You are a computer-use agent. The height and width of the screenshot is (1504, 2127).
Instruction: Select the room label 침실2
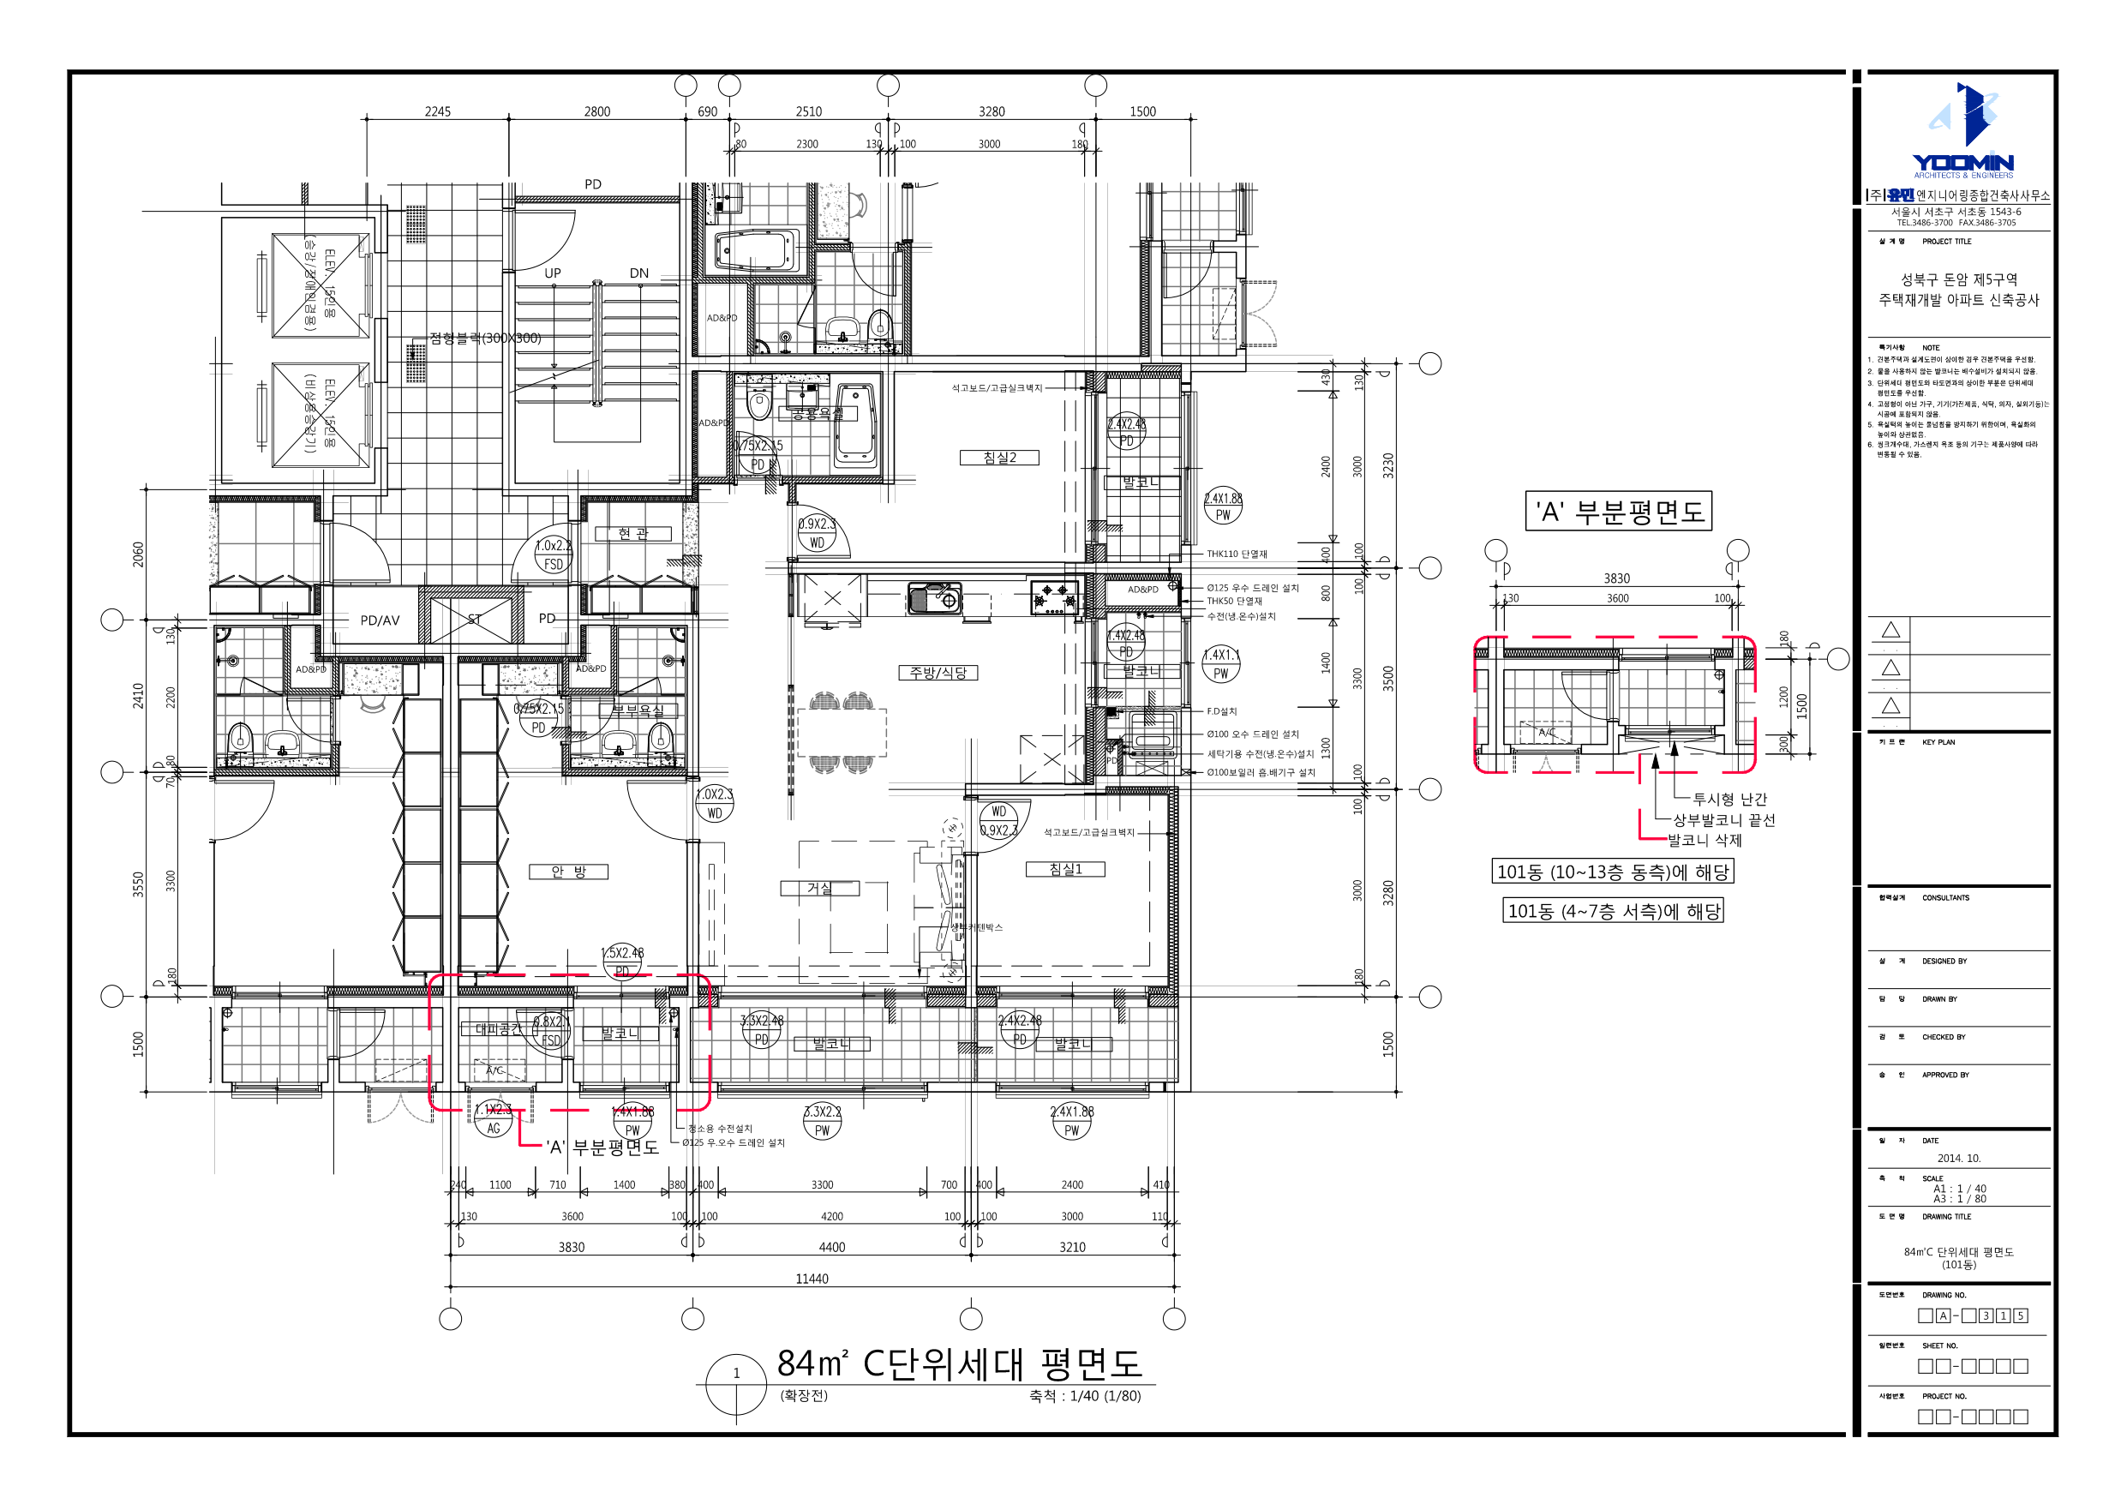(998, 458)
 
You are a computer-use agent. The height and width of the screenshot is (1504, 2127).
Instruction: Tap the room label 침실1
(1064, 869)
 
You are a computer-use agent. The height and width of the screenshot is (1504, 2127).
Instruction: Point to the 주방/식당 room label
(938, 673)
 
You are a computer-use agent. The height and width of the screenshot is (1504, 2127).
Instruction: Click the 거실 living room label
(819, 888)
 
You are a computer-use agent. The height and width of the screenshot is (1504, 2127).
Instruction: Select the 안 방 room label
(568, 872)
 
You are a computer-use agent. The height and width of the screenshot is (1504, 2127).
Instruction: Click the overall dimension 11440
(812, 1279)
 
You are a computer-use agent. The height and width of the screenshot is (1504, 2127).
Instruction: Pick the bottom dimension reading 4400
(831, 1247)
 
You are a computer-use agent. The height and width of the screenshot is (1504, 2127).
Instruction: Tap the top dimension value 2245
(437, 112)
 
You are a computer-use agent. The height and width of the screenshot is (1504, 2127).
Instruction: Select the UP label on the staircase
(552, 273)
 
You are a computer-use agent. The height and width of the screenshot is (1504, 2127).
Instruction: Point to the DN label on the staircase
(638, 273)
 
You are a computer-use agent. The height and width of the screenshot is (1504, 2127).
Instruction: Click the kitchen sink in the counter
(934, 597)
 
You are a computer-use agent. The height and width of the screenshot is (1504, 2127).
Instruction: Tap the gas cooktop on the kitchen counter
(1055, 597)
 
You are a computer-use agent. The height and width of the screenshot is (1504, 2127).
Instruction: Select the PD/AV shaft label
(380, 620)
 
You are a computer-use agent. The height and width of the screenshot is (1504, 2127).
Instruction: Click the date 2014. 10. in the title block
(1958, 1159)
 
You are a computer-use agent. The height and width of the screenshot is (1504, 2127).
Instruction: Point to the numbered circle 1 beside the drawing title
(736, 1374)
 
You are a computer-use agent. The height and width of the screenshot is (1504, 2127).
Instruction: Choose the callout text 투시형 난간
(1729, 799)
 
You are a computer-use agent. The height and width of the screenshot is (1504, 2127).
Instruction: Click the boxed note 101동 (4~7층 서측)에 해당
(1613, 911)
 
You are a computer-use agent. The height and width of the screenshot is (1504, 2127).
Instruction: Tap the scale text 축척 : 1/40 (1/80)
(1085, 1397)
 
